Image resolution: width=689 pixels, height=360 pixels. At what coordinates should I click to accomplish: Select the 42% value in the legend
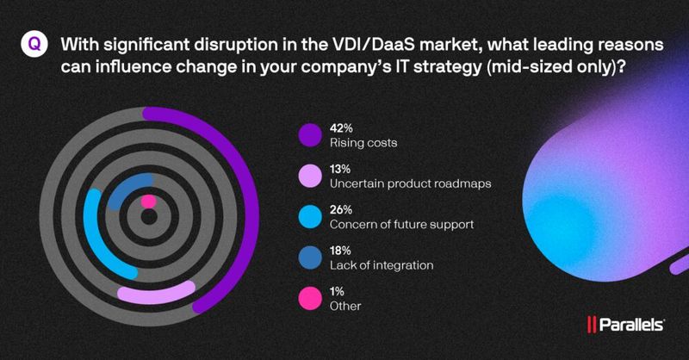[341, 127]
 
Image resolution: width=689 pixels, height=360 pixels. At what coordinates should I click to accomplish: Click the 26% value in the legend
[341, 209]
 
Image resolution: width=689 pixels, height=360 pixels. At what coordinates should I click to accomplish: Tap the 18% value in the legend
[340, 250]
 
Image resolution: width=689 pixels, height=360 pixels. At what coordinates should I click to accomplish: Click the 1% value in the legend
[338, 291]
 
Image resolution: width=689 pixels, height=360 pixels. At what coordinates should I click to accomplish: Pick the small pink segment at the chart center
[148, 202]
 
